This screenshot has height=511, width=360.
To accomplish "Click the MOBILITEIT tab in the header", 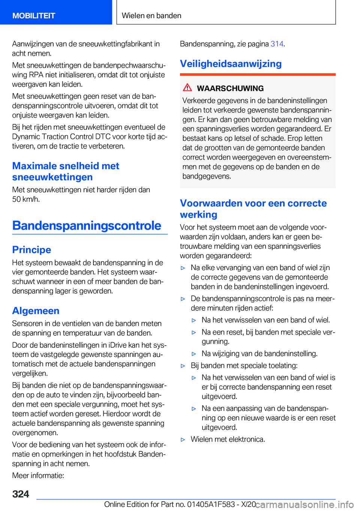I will pyautogui.click(x=34, y=16).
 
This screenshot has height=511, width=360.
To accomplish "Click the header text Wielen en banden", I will pyautogui.click(x=151, y=16).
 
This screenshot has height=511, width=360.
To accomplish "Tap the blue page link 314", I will pyautogui.click(x=277, y=44).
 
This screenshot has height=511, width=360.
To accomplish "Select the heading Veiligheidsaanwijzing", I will pyautogui.click(x=231, y=64).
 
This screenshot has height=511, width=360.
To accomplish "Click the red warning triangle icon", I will pyautogui.click(x=187, y=88).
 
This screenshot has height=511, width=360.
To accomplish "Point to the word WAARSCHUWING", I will pyautogui.click(x=230, y=89).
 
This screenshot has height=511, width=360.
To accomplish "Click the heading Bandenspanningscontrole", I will pyautogui.click(x=87, y=225).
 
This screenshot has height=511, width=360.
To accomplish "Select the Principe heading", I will pyautogui.click(x=31, y=250).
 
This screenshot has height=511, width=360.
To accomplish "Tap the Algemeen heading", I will pyautogui.click(x=36, y=311).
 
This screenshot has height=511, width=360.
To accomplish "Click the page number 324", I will pyautogui.click(x=21, y=494).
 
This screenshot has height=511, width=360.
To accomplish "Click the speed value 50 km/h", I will pyautogui.click(x=25, y=199).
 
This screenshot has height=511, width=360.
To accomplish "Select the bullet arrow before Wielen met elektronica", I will pyautogui.click(x=183, y=439).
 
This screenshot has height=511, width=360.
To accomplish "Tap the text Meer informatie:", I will pyautogui.click(x=38, y=475).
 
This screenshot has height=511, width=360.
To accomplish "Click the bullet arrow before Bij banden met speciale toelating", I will pyautogui.click(x=183, y=366).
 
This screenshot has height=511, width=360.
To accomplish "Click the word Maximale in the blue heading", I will pyautogui.click(x=34, y=166).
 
